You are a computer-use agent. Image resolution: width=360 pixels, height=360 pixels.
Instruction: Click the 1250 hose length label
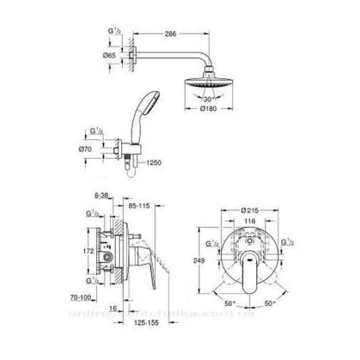pos(154,163)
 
